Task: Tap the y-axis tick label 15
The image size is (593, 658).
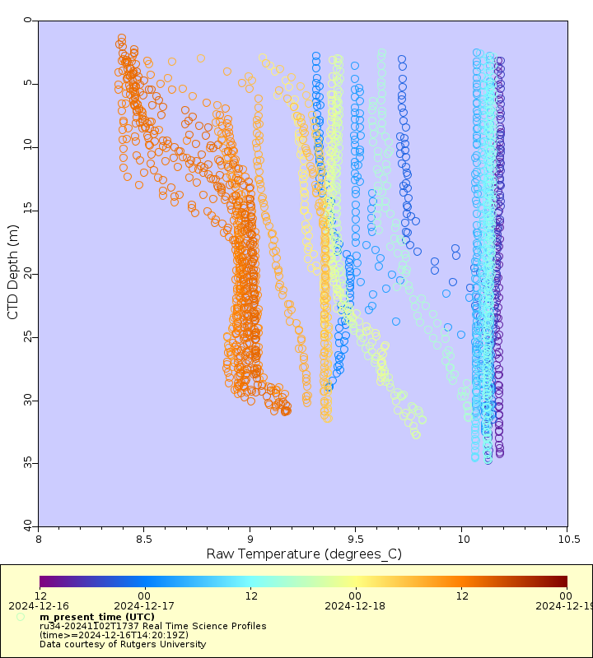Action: [26, 210]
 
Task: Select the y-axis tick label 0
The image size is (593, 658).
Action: [30, 21]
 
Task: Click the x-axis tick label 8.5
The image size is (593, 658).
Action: [144, 540]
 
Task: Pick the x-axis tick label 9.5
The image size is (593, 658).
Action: [356, 540]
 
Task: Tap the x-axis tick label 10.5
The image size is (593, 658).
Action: [567, 540]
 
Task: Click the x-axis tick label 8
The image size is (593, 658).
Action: [39, 540]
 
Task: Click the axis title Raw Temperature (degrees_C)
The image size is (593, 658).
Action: [303, 554]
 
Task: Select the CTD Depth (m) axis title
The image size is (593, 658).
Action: [12, 272]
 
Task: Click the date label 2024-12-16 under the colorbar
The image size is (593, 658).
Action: [40, 606]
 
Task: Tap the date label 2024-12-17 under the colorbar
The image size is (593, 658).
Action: [145, 606]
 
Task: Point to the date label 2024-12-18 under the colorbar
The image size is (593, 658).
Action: [356, 606]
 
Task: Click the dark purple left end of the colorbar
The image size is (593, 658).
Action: [43, 582]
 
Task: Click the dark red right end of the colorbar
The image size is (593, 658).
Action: [563, 582]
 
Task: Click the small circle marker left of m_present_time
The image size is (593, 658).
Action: [20, 616]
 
